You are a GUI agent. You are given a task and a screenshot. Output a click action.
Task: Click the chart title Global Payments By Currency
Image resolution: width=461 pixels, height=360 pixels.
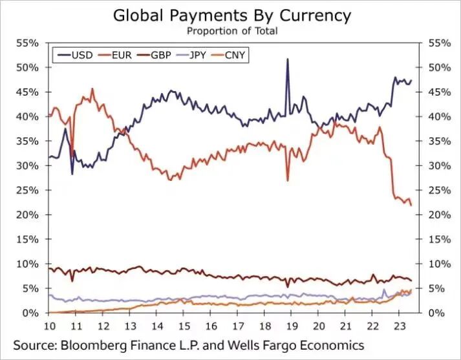(232, 16)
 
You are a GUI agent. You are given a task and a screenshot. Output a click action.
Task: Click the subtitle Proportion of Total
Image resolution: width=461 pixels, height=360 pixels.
(232, 31)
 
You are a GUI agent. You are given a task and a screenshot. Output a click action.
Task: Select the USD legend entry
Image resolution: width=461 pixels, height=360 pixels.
(75, 55)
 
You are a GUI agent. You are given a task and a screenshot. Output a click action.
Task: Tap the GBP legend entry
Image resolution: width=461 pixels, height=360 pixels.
(155, 55)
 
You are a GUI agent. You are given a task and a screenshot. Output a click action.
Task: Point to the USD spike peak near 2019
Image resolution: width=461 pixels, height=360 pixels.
(288, 59)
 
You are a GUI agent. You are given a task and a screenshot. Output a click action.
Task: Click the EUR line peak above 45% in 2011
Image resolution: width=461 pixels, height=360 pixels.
(92, 89)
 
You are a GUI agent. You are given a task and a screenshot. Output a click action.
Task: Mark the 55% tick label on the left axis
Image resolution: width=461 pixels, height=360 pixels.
(27, 43)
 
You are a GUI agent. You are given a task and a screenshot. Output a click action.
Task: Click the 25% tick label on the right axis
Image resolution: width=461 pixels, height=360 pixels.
(440, 191)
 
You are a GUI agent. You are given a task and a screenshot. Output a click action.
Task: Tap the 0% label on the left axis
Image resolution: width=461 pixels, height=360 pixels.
(30, 313)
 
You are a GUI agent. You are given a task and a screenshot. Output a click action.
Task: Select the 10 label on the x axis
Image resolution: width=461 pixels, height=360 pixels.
(50, 326)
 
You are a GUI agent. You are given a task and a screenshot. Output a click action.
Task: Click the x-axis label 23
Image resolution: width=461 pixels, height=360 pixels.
(398, 326)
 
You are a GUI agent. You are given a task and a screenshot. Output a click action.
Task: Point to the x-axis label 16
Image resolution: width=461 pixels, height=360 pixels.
(211, 326)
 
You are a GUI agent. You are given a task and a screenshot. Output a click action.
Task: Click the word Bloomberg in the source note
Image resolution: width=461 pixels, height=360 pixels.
(93, 345)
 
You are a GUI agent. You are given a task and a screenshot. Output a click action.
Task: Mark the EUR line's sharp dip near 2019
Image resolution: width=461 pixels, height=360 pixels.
(288, 180)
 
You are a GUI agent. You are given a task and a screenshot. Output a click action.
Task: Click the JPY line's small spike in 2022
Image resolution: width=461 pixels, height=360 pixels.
(383, 290)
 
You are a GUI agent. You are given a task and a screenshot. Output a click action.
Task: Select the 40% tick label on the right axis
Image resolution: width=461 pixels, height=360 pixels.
(440, 117)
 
